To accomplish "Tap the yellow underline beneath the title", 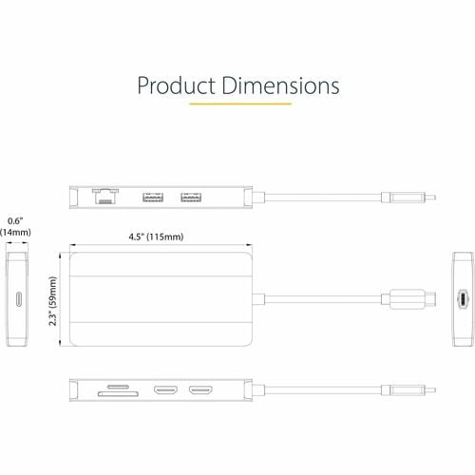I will tap(237, 104).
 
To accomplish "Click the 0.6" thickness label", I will tap(13, 220).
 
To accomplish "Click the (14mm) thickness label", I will tap(14, 232).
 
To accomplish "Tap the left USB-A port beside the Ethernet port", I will tap(152, 198).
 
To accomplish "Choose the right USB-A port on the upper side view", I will tap(191, 198).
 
